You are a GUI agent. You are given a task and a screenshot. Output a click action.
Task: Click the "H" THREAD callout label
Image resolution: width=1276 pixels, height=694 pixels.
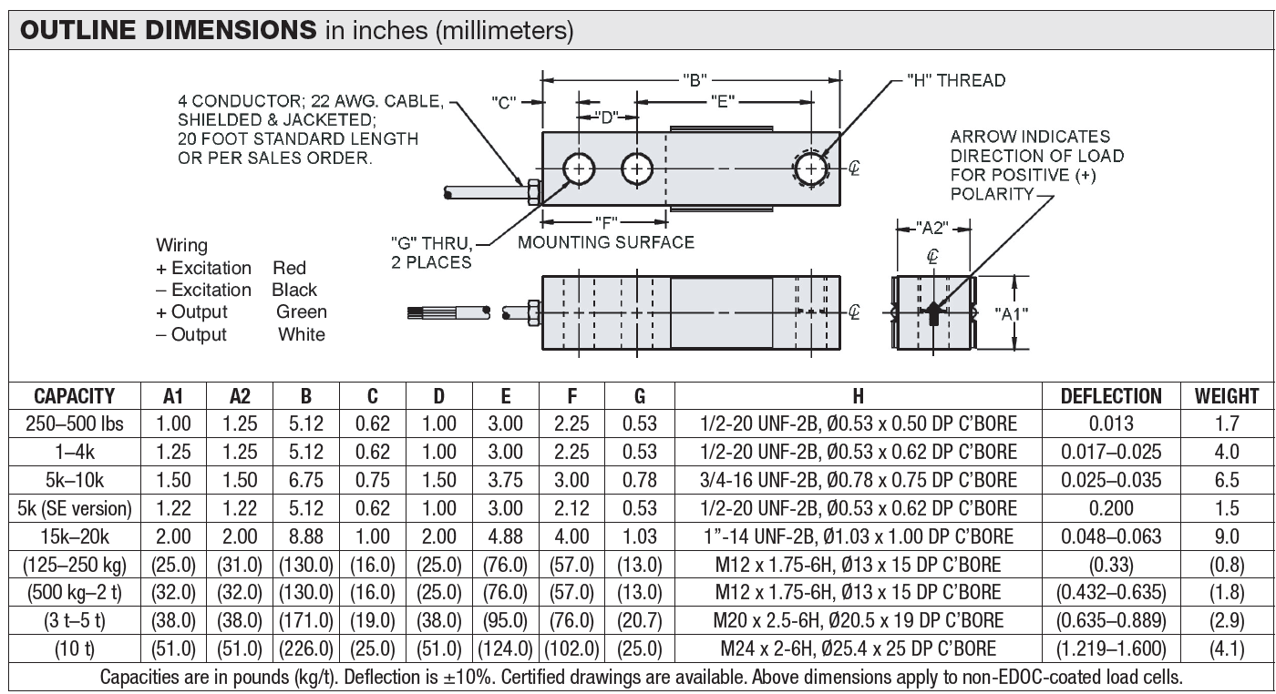(x=957, y=80)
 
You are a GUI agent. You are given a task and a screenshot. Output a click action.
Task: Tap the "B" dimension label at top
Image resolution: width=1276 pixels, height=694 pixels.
(x=695, y=79)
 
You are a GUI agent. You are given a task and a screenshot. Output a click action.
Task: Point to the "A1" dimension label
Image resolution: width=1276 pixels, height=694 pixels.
(x=1011, y=313)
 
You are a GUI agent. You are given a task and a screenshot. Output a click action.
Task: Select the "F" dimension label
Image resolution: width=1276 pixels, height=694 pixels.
(x=604, y=221)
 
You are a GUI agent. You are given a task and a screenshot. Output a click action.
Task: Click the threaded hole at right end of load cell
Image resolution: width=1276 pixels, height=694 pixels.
(x=811, y=169)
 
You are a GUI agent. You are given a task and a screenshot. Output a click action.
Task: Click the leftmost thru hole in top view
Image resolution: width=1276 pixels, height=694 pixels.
(x=579, y=169)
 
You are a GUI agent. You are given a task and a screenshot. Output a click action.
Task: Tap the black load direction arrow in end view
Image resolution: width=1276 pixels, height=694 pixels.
(x=932, y=315)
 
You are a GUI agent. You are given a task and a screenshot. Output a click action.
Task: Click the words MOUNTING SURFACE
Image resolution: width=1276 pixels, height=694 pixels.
(x=606, y=242)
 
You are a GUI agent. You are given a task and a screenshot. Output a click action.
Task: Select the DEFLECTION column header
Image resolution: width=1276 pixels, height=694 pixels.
(x=1110, y=396)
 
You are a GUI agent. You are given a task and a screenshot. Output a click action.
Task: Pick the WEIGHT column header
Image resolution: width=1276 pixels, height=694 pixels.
(x=1227, y=396)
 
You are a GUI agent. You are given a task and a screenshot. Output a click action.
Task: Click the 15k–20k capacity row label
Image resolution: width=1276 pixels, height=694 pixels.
(x=75, y=536)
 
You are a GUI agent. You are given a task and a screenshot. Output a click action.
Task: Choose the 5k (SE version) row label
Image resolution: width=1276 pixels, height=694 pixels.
(x=75, y=508)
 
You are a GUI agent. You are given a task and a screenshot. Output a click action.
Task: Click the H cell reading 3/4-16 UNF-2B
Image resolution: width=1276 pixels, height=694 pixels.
(x=858, y=480)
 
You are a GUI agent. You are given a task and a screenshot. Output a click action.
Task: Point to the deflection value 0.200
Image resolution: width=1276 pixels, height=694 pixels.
(x=1110, y=508)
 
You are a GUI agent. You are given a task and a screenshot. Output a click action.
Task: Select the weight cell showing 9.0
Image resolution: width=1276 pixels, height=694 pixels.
(x=1227, y=536)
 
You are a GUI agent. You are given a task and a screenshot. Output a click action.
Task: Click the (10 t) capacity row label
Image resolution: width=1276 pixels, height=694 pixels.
(x=75, y=649)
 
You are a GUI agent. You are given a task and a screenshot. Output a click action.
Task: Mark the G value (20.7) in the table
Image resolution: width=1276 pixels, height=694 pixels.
(x=640, y=621)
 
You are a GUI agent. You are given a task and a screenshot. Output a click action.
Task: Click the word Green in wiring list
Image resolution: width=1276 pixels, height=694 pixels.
(x=302, y=312)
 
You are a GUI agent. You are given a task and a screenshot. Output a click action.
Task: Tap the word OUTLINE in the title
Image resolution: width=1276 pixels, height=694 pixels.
(x=77, y=31)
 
